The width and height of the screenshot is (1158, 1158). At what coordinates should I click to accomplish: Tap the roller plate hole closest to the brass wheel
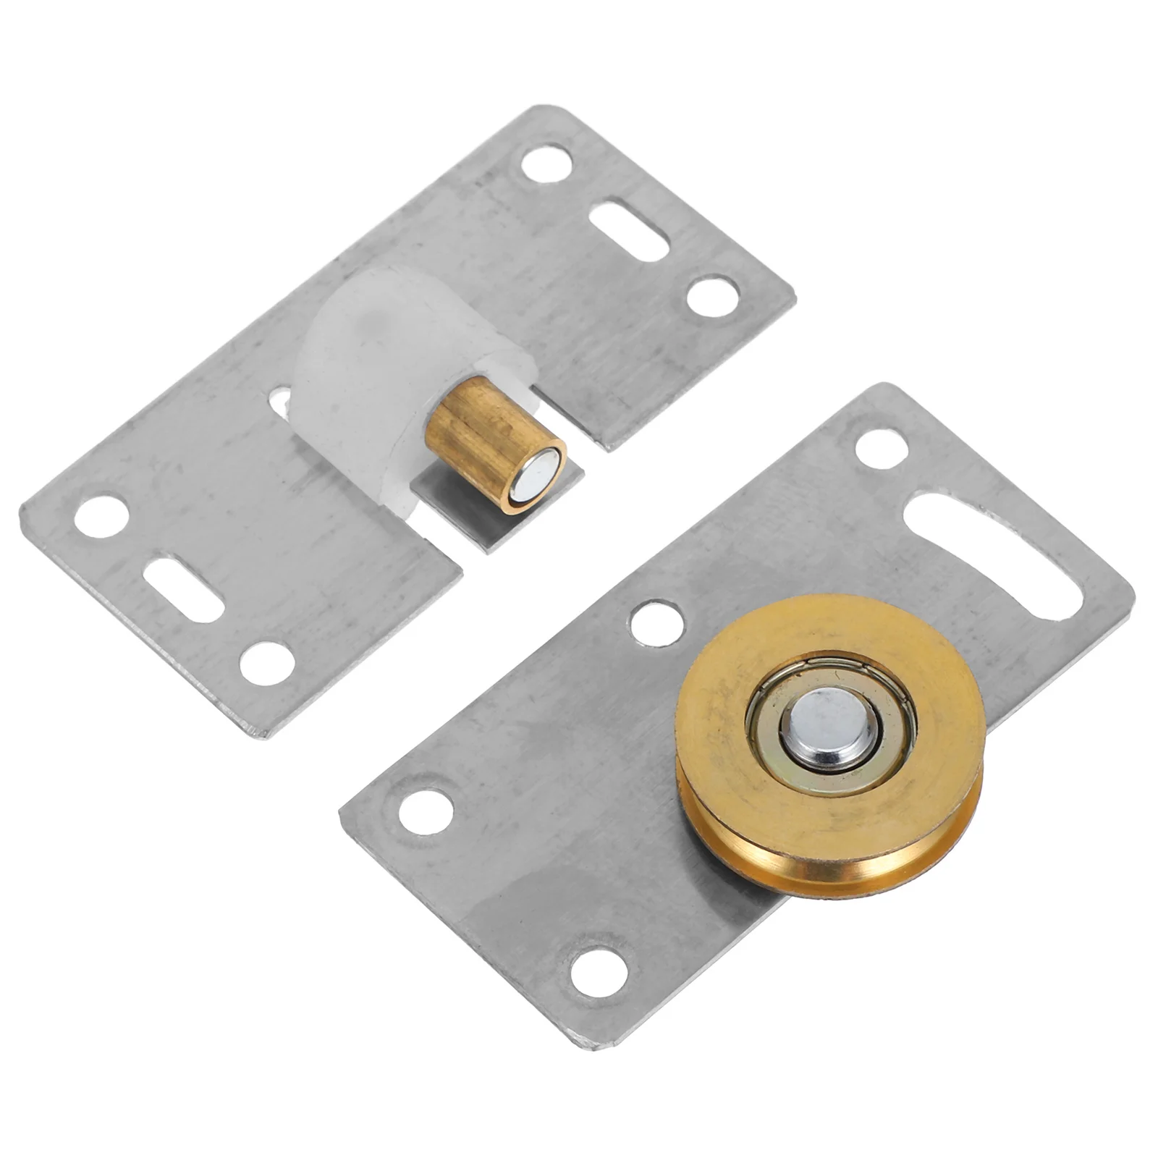(657, 622)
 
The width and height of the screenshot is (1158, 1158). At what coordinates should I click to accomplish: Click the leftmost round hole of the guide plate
(102, 516)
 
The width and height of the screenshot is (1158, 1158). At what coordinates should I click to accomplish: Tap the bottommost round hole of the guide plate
(267, 663)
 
